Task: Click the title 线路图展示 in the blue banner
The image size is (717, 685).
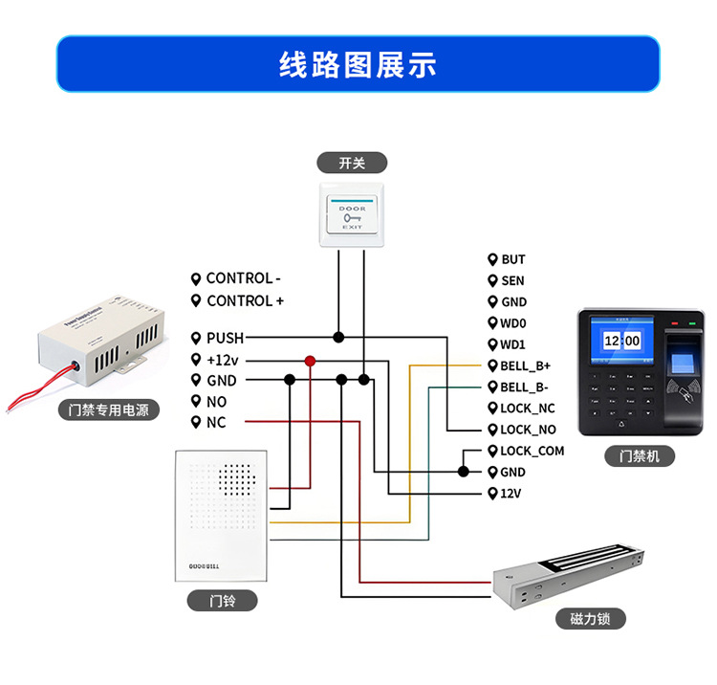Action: [358, 64]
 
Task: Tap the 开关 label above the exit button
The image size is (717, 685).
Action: [352, 163]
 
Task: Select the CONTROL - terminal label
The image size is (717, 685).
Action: [243, 278]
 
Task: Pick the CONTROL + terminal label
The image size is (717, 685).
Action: [245, 300]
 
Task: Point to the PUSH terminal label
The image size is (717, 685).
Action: [225, 338]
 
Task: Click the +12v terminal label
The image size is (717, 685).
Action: [222, 360]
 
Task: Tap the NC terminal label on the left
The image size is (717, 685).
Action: [215, 422]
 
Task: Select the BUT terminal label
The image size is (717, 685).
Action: [512, 259]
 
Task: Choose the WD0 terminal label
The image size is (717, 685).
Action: [513, 323]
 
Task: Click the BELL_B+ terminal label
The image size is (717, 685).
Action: [525, 365]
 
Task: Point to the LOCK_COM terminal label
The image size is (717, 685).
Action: [532, 451]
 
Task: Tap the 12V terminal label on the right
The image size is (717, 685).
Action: [510, 494]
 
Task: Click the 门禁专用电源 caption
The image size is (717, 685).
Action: [109, 410]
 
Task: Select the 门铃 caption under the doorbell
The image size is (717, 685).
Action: [222, 601]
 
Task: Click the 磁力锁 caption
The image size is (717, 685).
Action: [590, 619]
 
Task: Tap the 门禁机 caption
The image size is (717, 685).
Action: [640, 457]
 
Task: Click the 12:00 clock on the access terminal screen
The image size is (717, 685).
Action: [621, 340]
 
